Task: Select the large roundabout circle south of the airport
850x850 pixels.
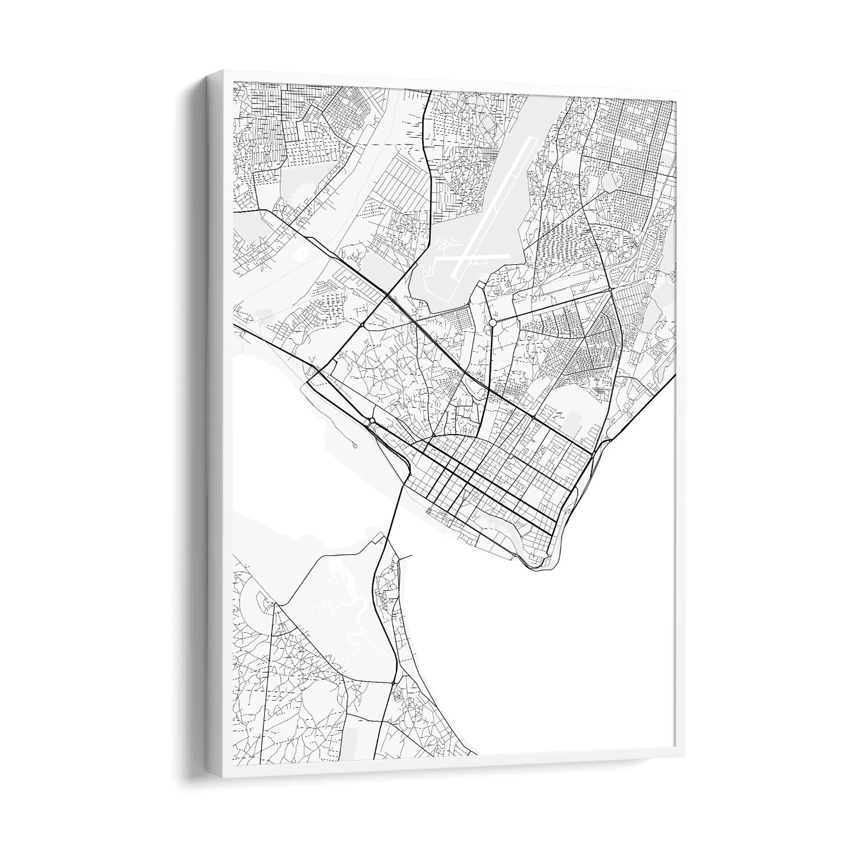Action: [492, 324]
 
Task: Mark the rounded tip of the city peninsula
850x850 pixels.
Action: [538, 565]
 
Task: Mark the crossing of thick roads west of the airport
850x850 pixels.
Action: [388, 295]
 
